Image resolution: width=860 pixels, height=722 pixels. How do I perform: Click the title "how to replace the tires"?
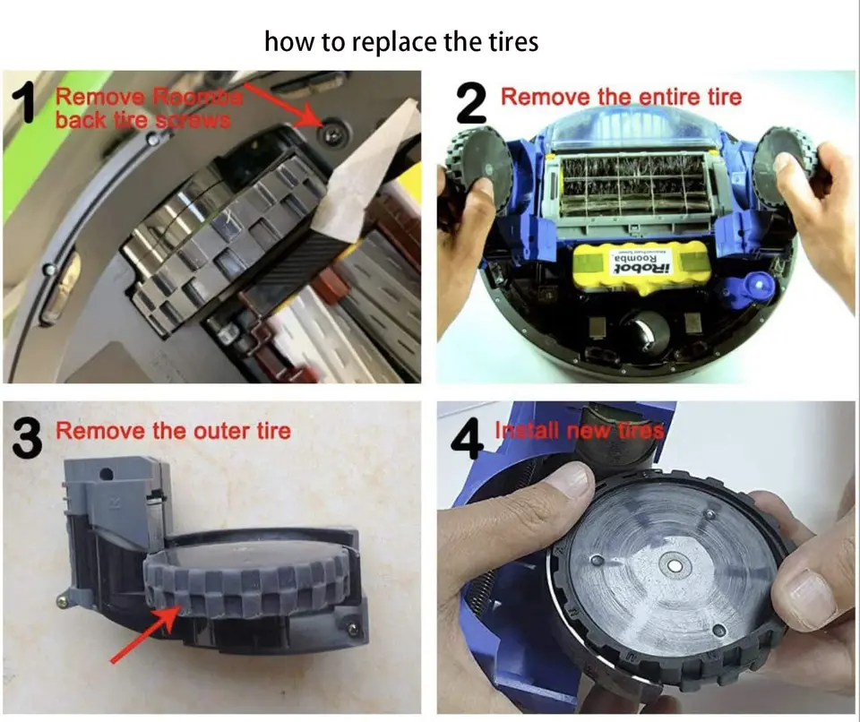[x=401, y=41]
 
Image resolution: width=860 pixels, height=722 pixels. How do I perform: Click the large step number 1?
[x=27, y=102]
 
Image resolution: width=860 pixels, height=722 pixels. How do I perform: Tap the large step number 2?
[x=470, y=103]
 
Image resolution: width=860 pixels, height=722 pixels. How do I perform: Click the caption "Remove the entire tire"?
[x=621, y=96]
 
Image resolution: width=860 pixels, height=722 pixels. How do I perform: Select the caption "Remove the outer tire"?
[x=173, y=431]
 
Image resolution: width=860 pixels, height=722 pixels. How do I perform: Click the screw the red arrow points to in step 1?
[x=333, y=132]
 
